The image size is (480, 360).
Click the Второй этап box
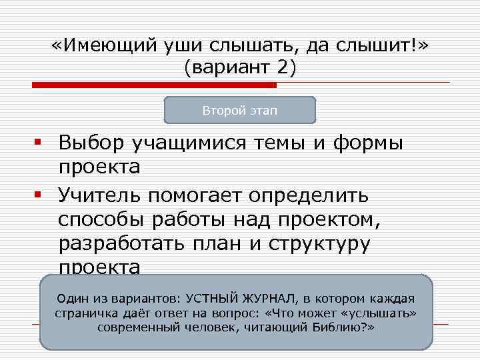[240, 110]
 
